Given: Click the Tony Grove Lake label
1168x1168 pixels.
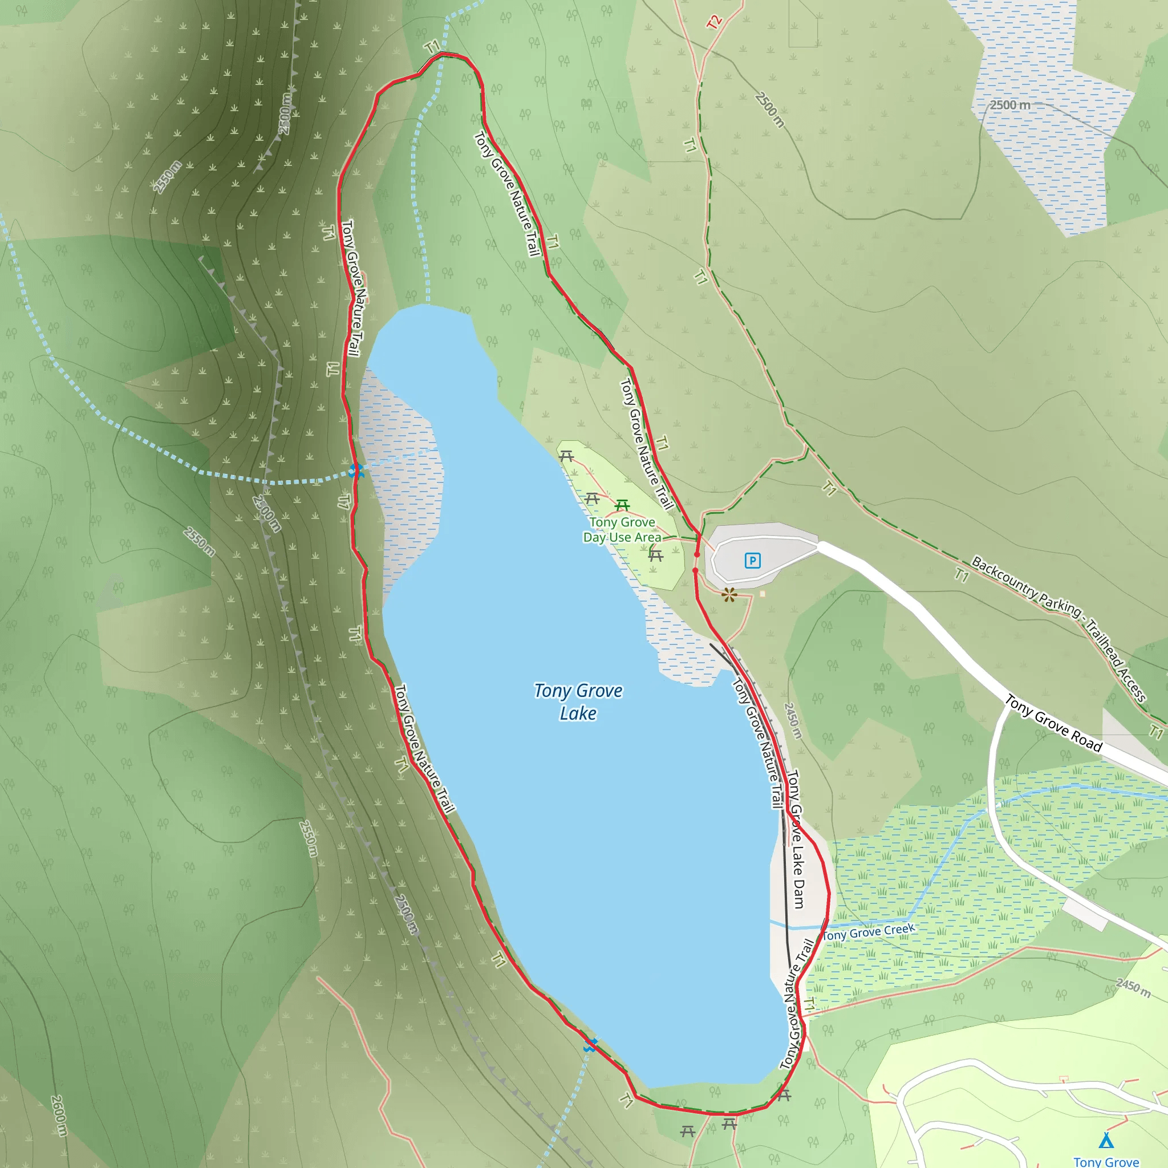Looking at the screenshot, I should click(x=578, y=702).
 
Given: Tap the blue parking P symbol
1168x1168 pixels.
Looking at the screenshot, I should click(x=752, y=561).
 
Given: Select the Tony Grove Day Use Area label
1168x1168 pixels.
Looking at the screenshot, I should click(x=622, y=530).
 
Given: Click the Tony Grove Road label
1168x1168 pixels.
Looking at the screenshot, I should click(x=1053, y=723).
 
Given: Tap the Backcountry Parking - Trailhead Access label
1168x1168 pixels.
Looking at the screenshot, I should click(x=1058, y=628).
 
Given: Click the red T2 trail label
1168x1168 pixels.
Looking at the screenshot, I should click(x=715, y=22).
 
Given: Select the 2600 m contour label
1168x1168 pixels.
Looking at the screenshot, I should click(x=59, y=1116).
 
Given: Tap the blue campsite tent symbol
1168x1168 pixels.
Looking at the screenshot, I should click(x=1106, y=1140).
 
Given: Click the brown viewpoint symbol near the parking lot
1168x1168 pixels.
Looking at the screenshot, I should click(x=729, y=595).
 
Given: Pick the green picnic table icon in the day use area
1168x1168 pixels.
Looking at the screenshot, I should click(x=622, y=505).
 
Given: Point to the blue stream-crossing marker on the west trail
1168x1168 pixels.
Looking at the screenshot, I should click(x=356, y=471).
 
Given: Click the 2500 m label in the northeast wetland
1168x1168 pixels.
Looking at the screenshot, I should click(x=1009, y=104).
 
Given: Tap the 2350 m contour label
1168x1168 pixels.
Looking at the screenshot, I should click(x=167, y=177).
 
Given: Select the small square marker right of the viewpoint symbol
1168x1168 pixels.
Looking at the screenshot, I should click(x=763, y=594).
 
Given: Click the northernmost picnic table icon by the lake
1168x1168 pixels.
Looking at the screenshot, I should click(x=566, y=456).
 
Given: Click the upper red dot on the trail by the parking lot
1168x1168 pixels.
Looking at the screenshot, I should click(x=697, y=554).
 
